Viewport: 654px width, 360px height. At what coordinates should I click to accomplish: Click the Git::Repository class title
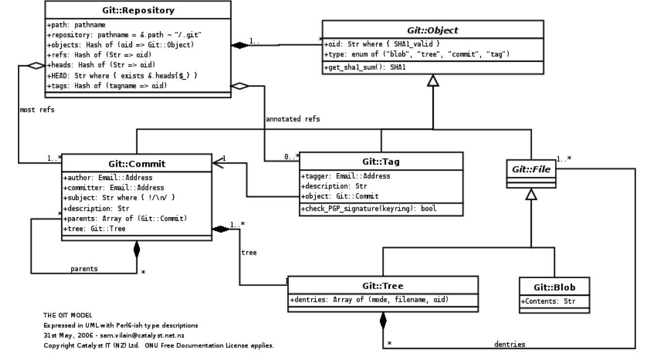pos(138,10)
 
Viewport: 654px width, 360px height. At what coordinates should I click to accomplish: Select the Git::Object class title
pos(432,30)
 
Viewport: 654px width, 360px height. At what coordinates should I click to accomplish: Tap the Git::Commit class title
pos(137,163)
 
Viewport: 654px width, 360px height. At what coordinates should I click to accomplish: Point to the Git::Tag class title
pos(381,162)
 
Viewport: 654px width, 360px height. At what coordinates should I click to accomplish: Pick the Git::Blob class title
pos(554,287)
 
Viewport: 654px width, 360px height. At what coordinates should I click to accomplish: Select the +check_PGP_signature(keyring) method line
pos(369,208)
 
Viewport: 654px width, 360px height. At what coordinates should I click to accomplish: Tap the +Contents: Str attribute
pos(548,301)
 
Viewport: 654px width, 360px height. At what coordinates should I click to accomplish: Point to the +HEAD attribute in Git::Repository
pos(123,75)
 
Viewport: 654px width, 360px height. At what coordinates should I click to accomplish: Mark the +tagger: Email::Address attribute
pos(345,176)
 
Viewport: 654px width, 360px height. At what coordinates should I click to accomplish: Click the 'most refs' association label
pos(37,110)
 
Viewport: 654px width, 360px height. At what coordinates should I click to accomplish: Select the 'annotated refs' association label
pos(293,119)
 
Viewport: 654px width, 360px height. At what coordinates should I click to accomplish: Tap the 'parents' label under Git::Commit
pos(84,268)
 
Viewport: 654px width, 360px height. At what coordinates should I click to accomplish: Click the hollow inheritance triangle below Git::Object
pos(433,81)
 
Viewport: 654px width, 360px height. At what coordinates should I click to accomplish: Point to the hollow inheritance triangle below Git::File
pos(531,195)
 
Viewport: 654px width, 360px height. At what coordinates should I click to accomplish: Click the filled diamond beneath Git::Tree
pos(383,320)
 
